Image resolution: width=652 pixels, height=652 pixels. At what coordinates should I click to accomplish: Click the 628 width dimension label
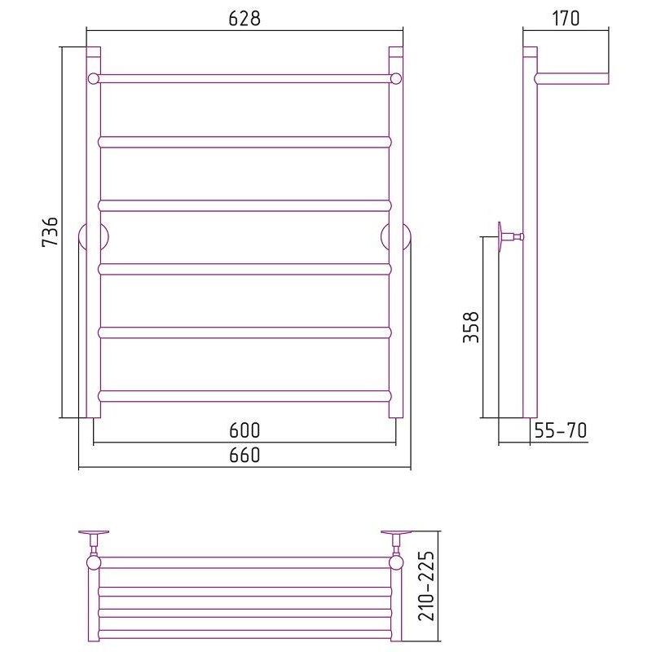(244, 18)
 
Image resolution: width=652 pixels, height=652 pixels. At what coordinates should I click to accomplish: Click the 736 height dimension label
(51, 231)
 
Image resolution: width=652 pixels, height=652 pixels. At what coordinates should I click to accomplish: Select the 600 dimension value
(244, 430)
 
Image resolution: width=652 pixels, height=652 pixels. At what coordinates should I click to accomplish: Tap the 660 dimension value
(244, 455)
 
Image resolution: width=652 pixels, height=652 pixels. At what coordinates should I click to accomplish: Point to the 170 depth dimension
(566, 18)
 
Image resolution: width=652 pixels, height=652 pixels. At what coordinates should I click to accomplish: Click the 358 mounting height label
(471, 328)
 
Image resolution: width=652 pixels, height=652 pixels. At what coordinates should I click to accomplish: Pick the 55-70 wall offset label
(561, 430)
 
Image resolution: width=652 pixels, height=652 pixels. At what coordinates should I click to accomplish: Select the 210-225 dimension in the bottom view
(426, 586)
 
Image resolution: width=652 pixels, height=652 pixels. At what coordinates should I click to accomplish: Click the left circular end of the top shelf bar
(94, 78)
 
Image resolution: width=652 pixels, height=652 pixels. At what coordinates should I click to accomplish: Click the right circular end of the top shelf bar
(396, 78)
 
